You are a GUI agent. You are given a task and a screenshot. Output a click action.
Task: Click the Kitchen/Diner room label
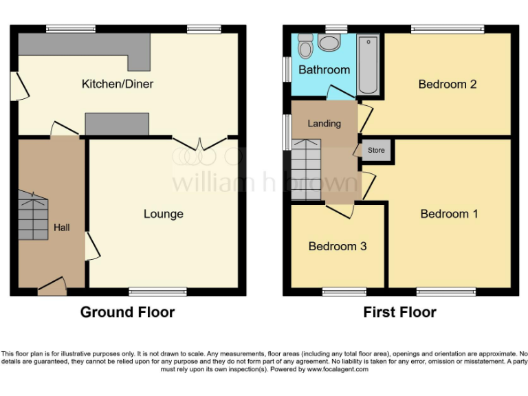[x=118, y=84]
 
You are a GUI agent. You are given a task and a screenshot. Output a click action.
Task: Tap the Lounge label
[x=163, y=214]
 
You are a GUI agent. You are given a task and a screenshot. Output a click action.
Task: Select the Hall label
[x=62, y=227]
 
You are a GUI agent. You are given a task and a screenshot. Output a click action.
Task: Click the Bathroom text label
[x=324, y=69]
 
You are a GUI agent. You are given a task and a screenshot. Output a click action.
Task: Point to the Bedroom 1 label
[x=449, y=214]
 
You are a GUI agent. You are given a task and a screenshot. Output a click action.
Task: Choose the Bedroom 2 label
[x=448, y=84]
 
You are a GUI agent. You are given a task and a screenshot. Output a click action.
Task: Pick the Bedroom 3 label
[x=337, y=246]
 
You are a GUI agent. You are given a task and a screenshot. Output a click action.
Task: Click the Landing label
[x=324, y=124]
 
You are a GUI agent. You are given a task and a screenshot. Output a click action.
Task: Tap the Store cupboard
[x=376, y=150]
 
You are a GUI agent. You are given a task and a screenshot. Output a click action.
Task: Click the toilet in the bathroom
[x=330, y=43]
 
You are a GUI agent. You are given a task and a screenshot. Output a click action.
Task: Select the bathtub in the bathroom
[x=368, y=65]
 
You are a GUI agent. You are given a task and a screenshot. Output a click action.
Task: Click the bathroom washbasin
[x=305, y=47]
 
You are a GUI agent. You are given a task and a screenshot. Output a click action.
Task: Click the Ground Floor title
[x=127, y=312]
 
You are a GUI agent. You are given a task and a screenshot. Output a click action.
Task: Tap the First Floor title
[x=399, y=312]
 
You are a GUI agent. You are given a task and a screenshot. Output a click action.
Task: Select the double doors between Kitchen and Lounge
[x=199, y=143]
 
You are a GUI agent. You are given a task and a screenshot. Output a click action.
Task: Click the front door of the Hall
[x=52, y=287]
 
